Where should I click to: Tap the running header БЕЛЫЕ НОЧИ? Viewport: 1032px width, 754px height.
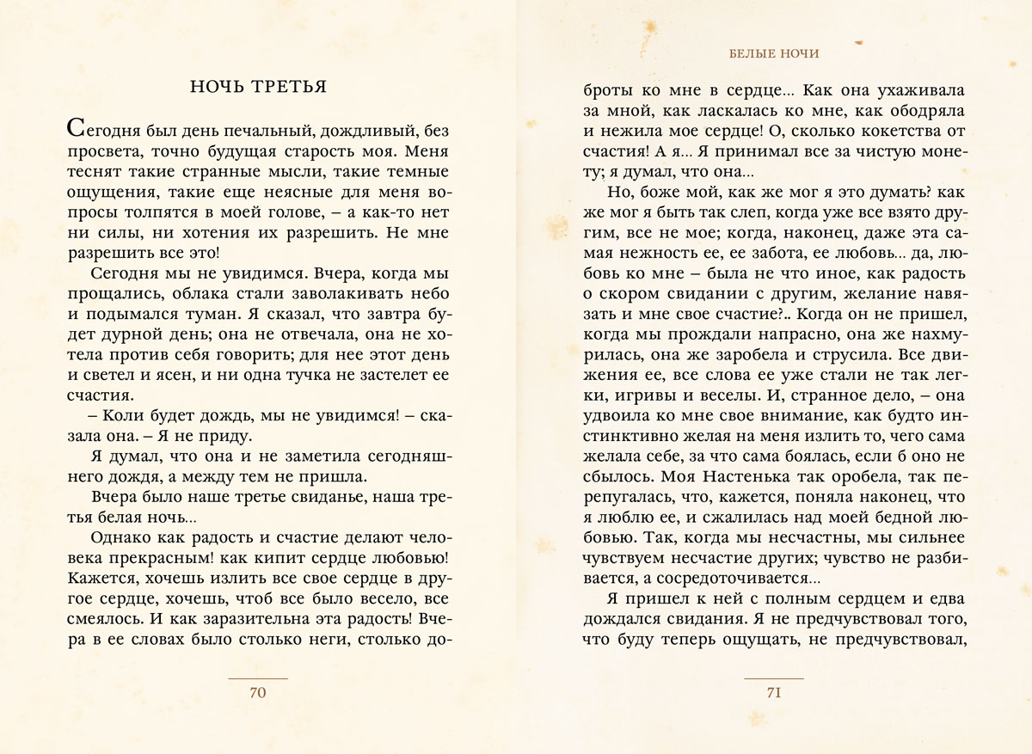(774, 53)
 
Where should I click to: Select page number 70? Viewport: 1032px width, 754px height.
(258, 693)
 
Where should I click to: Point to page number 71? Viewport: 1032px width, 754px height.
(773, 693)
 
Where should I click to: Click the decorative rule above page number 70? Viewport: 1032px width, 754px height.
(258, 678)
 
